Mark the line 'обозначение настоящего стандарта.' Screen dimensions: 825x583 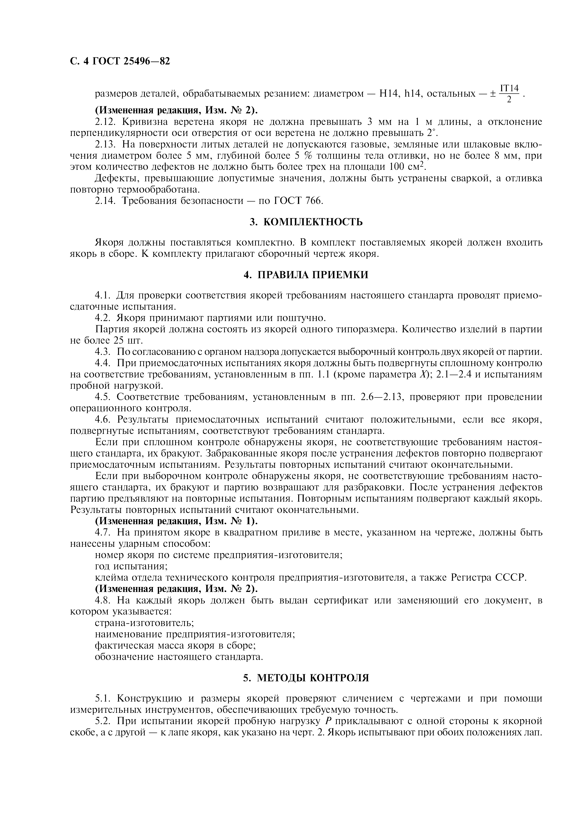point(179,656)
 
